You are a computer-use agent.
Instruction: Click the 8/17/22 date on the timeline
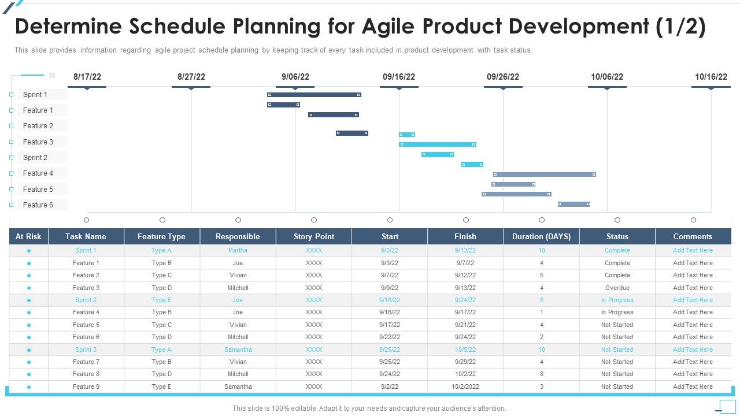[x=87, y=77]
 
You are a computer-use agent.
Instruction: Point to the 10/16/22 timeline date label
[x=711, y=77]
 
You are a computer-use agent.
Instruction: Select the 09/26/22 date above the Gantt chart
[x=502, y=77]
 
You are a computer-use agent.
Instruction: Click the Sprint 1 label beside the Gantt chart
[x=35, y=95]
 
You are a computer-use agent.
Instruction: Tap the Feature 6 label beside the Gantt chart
[x=38, y=205]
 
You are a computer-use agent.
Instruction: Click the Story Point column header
[x=314, y=236]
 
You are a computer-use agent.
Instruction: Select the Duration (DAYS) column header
[x=541, y=236]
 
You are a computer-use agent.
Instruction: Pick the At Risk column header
[x=28, y=236]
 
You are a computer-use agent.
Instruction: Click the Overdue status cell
[x=617, y=288]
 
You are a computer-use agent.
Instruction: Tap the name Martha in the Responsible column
[x=238, y=251]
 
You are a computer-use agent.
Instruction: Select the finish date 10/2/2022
[x=465, y=387]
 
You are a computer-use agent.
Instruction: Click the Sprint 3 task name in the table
[x=86, y=350]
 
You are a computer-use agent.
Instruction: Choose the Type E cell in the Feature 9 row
[x=161, y=387]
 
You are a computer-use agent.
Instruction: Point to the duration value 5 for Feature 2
[x=542, y=276]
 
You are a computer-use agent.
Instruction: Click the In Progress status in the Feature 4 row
[x=617, y=313]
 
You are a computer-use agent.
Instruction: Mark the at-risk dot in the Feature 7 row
[x=29, y=362]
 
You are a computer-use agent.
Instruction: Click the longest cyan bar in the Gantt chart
[x=437, y=144]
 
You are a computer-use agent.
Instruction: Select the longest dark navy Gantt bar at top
[x=314, y=95]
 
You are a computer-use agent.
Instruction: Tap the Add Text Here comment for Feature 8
[x=693, y=374]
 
